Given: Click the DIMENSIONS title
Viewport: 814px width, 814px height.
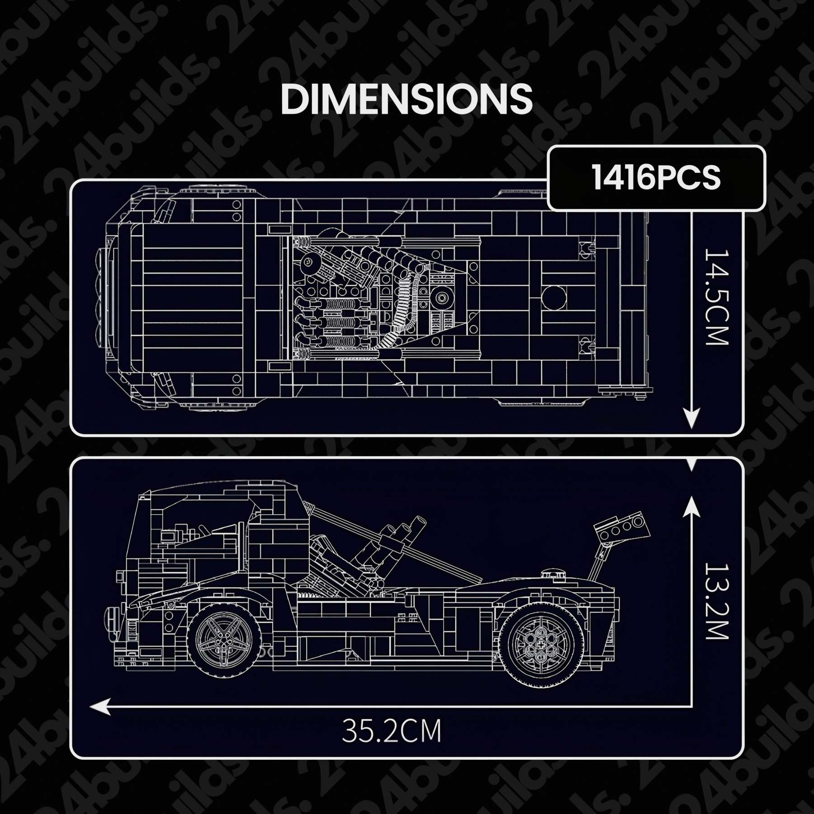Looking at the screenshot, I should pos(406,99).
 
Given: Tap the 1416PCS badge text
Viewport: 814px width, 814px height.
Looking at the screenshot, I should pos(656,178).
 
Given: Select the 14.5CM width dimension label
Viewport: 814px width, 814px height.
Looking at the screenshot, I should pos(717,297).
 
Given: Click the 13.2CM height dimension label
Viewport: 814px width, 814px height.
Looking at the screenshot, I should pos(717,601).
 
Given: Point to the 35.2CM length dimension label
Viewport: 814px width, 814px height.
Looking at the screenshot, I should pos(391,731).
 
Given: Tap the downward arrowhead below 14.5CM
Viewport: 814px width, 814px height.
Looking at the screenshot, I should pos(691,417).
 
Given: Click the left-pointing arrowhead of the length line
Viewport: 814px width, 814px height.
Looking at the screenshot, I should pos(100,707).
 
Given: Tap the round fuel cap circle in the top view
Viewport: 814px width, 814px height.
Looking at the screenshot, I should pos(554,297).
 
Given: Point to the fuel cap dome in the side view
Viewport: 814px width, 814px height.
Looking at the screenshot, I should pos(554,575).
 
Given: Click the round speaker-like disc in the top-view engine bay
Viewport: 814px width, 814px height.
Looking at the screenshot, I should pos(442,297).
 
